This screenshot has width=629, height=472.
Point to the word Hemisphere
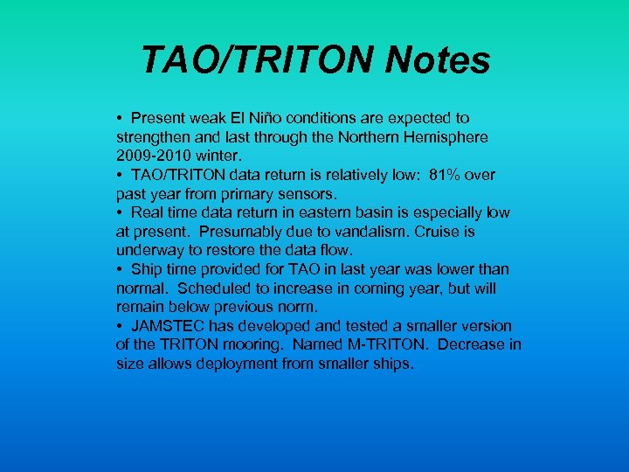[445, 137]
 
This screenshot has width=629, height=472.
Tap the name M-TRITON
[392, 344]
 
